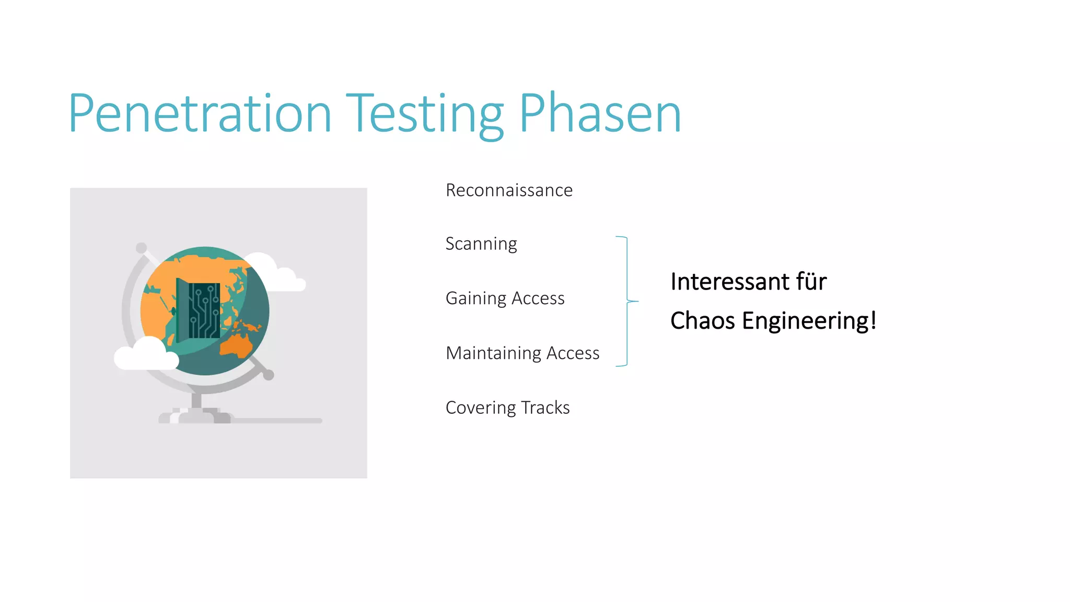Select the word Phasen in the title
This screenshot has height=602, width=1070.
point(600,113)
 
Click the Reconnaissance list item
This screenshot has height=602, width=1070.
point(509,190)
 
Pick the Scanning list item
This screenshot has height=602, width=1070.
point(481,244)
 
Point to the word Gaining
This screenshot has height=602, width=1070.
point(476,298)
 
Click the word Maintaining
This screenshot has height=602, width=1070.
point(493,353)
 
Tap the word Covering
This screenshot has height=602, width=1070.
point(480,408)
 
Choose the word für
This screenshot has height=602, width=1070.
point(811,282)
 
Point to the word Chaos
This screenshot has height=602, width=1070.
point(703,321)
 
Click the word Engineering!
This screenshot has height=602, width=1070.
point(809,321)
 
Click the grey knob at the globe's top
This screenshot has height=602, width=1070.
point(141,248)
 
